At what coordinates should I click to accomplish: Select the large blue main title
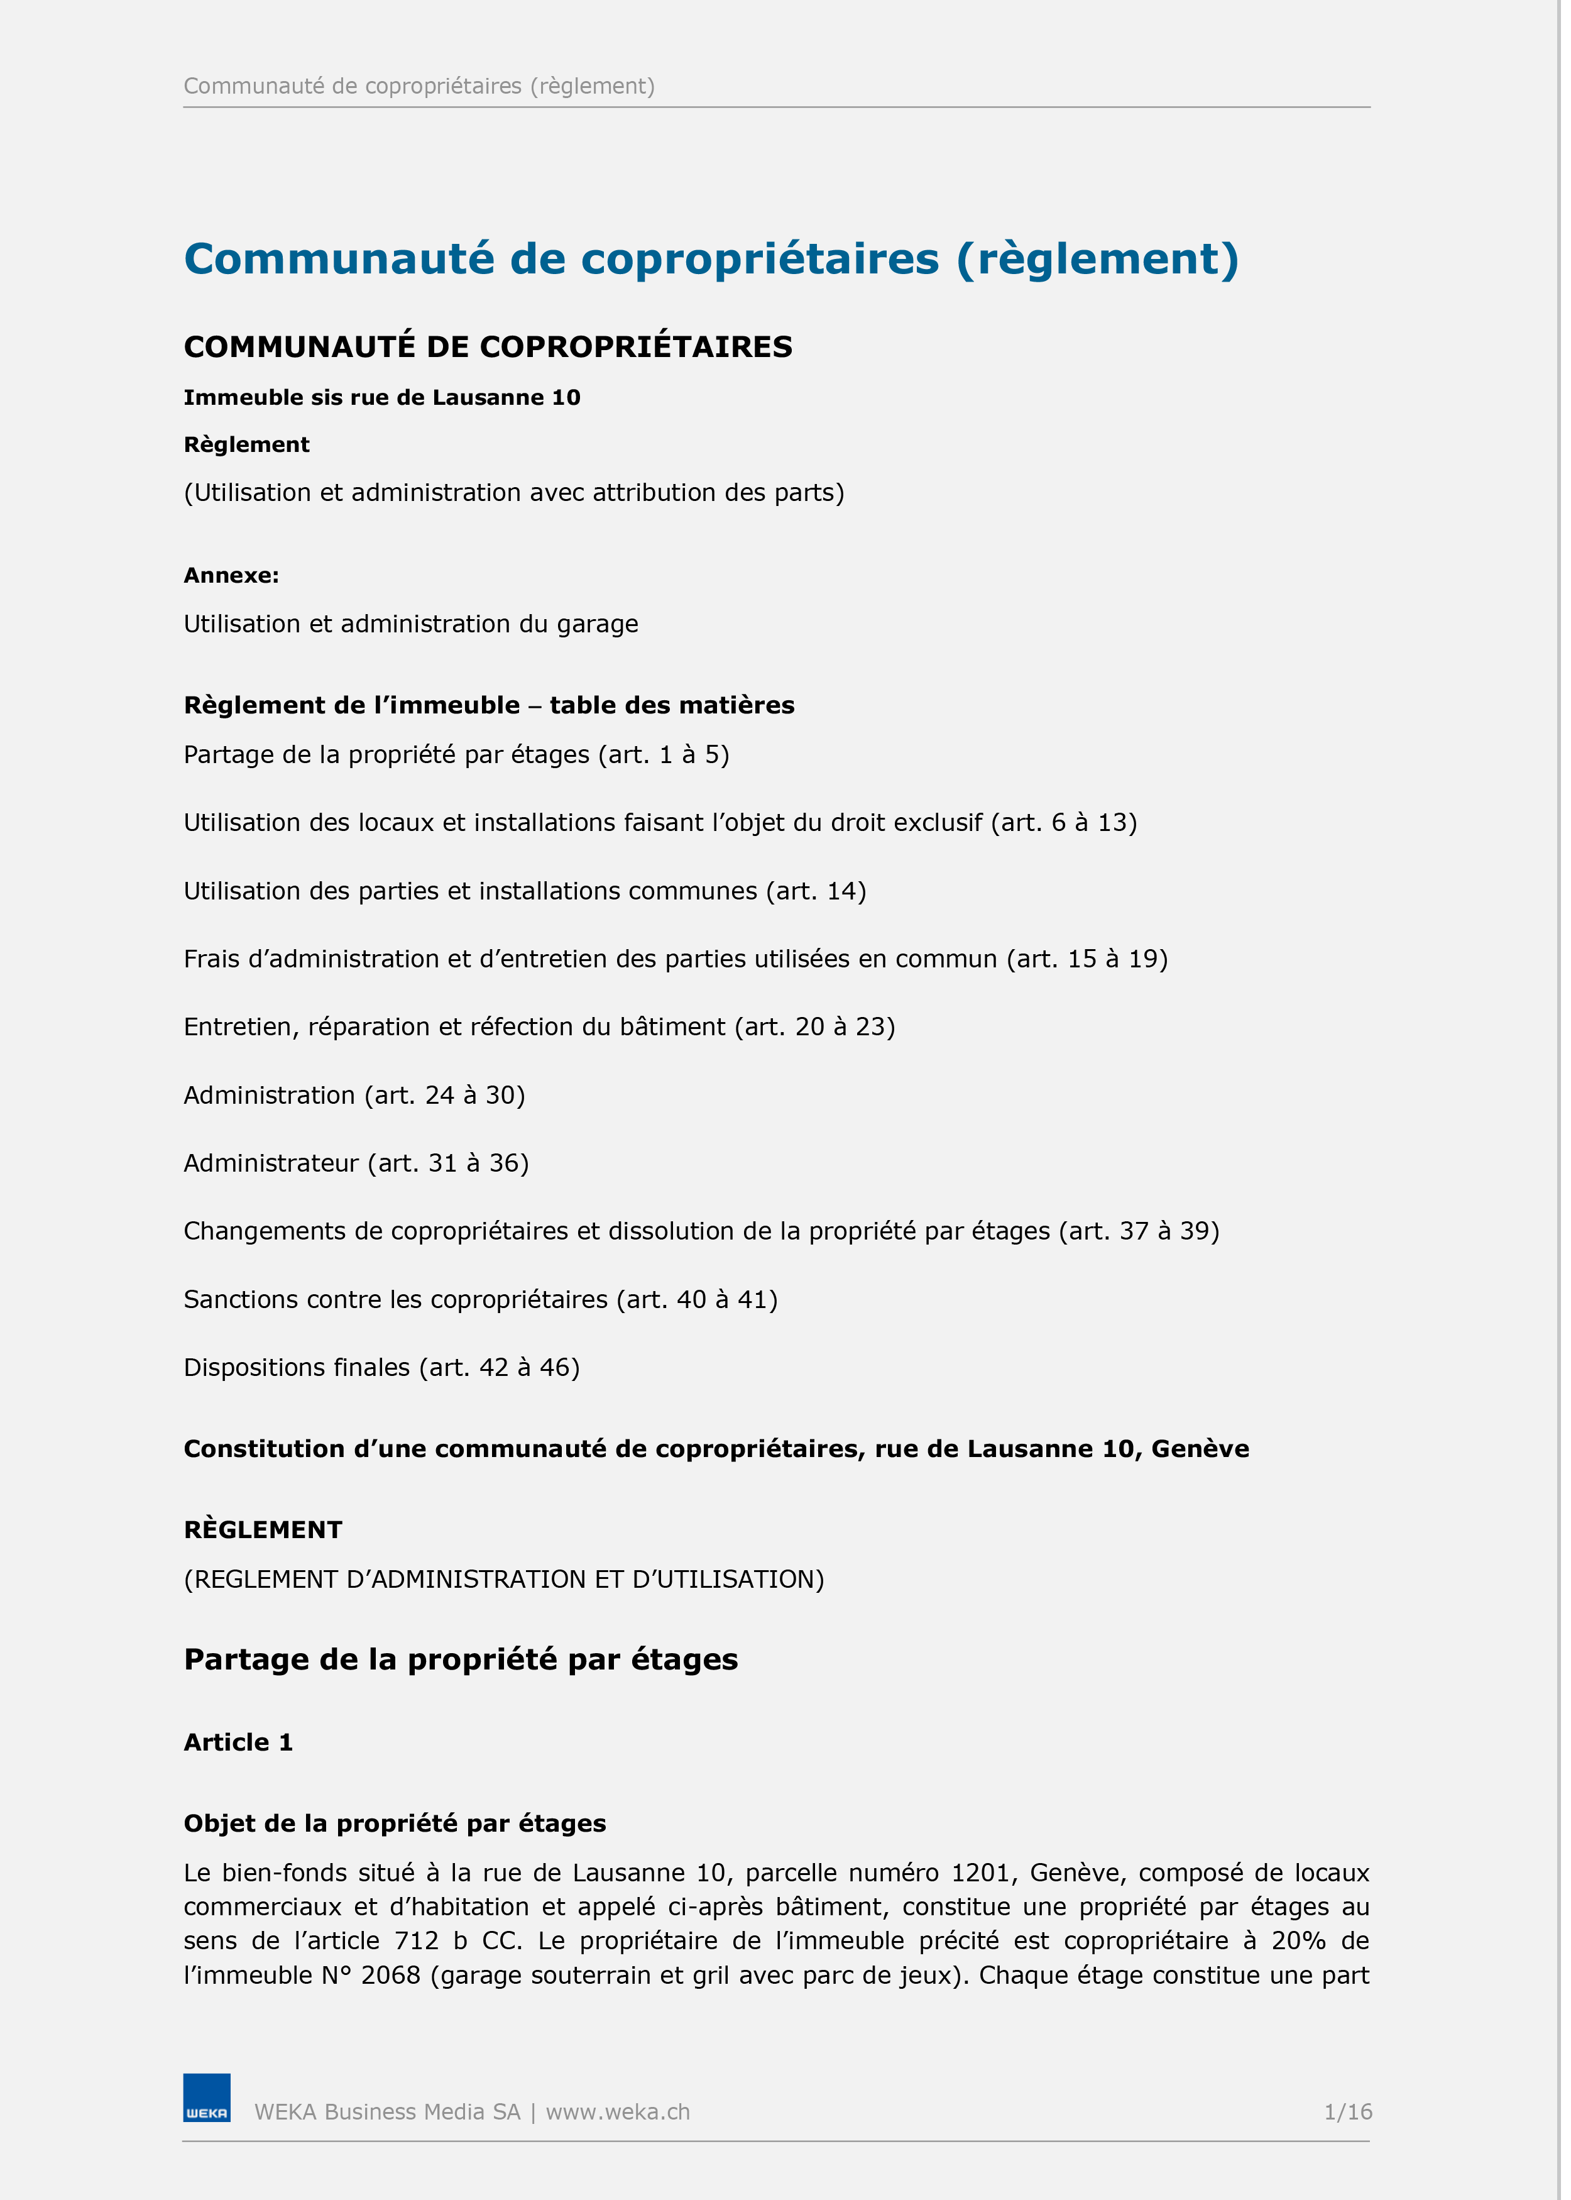(711, 259)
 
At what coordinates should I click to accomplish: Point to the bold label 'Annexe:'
(231, 576)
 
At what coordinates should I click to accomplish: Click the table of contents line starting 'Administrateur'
(356, 1163)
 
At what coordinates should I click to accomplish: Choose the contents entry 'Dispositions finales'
(381, 1367)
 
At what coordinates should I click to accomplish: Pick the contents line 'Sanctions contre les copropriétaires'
(480, 1299)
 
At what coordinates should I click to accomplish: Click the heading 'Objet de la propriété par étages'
(395, 1823)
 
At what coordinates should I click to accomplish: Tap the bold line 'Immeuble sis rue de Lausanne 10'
(381, 398)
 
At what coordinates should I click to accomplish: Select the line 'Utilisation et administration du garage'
(410, 624)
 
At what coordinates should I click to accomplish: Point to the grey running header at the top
(419, 86)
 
